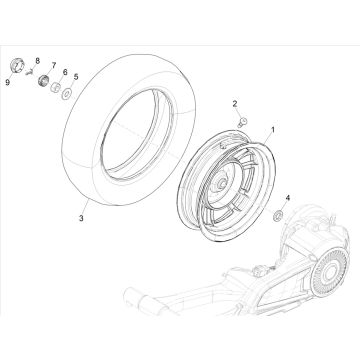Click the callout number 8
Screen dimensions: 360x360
tap(37, 62)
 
